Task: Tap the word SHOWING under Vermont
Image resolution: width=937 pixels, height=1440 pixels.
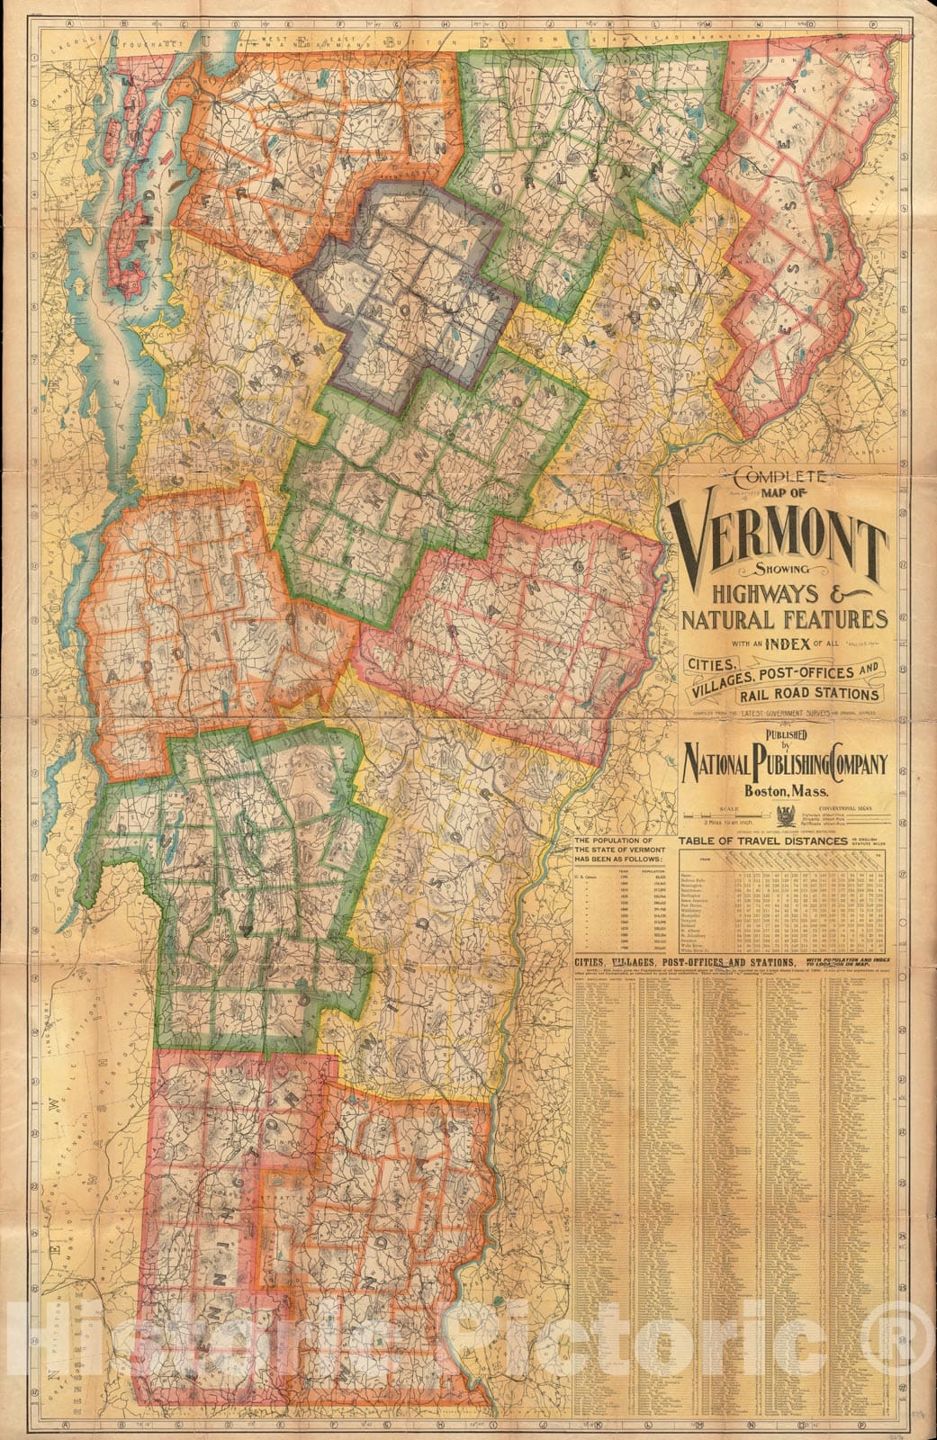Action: [x=781, y=573]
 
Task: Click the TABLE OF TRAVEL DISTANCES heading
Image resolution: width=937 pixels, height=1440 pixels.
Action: [x=761, y=841]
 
